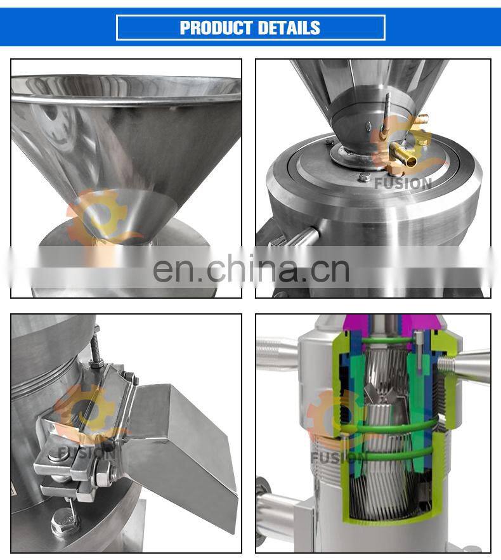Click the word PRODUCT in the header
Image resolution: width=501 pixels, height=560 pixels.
click(x=216, y=28)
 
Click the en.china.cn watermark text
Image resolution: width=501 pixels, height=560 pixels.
click(x=251, y=270)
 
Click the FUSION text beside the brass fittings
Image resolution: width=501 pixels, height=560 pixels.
click(x=403, y=183)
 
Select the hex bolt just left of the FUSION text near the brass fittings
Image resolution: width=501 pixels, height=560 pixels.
click(x=364, y=177)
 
